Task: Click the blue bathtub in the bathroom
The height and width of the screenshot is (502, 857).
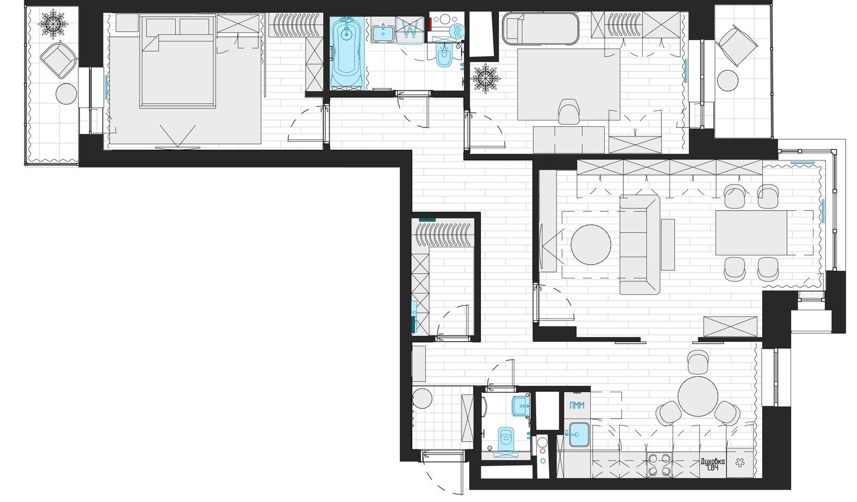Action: click(347, 54)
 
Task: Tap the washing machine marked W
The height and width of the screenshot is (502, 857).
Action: click(410, 28)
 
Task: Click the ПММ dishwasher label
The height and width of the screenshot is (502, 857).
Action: click(577, 405)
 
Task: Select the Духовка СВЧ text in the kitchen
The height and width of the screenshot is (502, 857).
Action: click(712, 464)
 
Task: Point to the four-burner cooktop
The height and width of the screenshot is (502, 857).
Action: click(659, 464)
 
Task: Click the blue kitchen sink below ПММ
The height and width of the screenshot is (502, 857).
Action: click(579, 434)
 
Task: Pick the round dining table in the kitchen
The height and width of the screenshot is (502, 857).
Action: click(698, 397)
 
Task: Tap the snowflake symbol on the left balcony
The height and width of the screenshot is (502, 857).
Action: click(53, 25)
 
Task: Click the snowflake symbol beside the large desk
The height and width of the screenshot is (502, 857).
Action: click(485, 78)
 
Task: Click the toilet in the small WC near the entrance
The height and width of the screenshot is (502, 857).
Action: click(506, 438)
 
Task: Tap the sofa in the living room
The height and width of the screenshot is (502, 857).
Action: click(640, 245)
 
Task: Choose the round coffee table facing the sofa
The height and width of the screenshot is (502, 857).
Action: click(591, 245)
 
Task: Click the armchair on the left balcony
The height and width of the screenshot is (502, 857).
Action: click(58, 60)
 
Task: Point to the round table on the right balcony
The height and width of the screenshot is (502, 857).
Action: click(727, 81)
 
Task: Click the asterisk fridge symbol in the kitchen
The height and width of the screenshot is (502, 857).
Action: click(740, 462)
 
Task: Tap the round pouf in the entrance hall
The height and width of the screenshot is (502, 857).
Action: click(422, 398)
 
